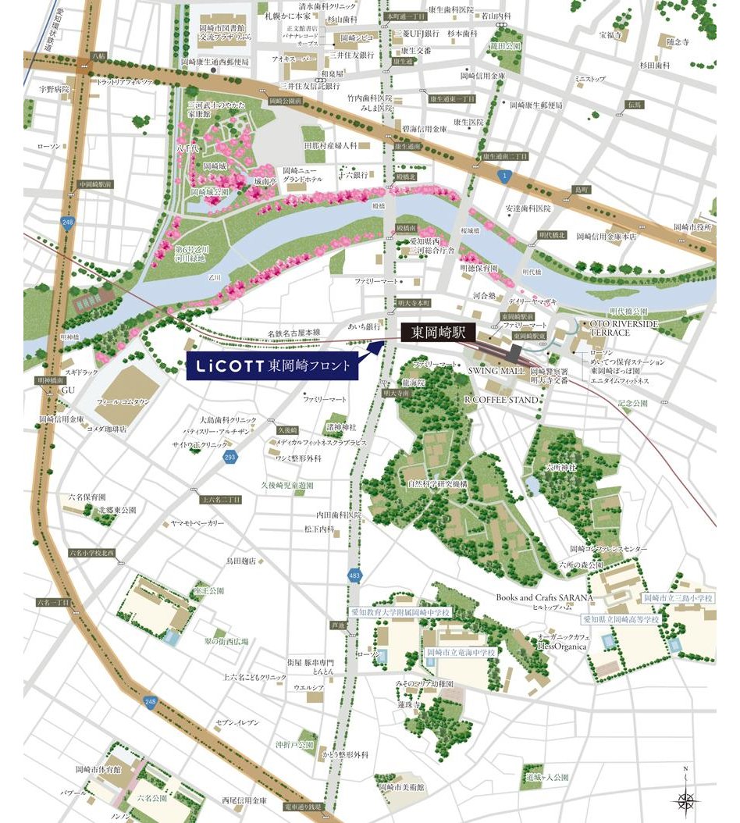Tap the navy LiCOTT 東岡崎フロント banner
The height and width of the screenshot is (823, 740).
[x=272, y=365]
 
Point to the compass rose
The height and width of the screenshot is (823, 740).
[x=686, y=798]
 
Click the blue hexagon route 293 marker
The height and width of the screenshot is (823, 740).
[x=229, y=458]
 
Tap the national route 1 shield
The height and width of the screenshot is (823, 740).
[x=507, y=176]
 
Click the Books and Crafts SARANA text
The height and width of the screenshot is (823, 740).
[x=545, y=597]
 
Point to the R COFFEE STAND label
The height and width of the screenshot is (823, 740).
[x=501, y=400]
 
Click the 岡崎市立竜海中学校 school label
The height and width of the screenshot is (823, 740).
[x=461, y=652]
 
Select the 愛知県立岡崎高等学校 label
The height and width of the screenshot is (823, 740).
[x=621, y=618]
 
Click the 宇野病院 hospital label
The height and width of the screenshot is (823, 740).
[x=55, y=89]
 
